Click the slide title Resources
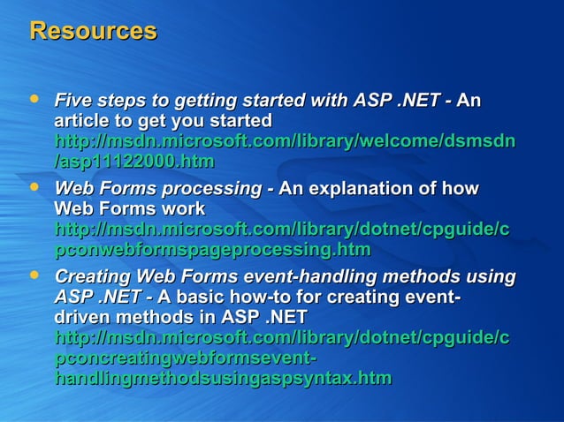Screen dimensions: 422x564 click(93, 31)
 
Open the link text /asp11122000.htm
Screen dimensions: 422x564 click(134, 162)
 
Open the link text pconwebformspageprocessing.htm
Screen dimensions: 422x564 click(212, 250)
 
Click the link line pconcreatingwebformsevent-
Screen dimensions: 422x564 click(186, 358)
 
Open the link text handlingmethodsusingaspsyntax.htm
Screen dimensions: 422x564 click(223, 379)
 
